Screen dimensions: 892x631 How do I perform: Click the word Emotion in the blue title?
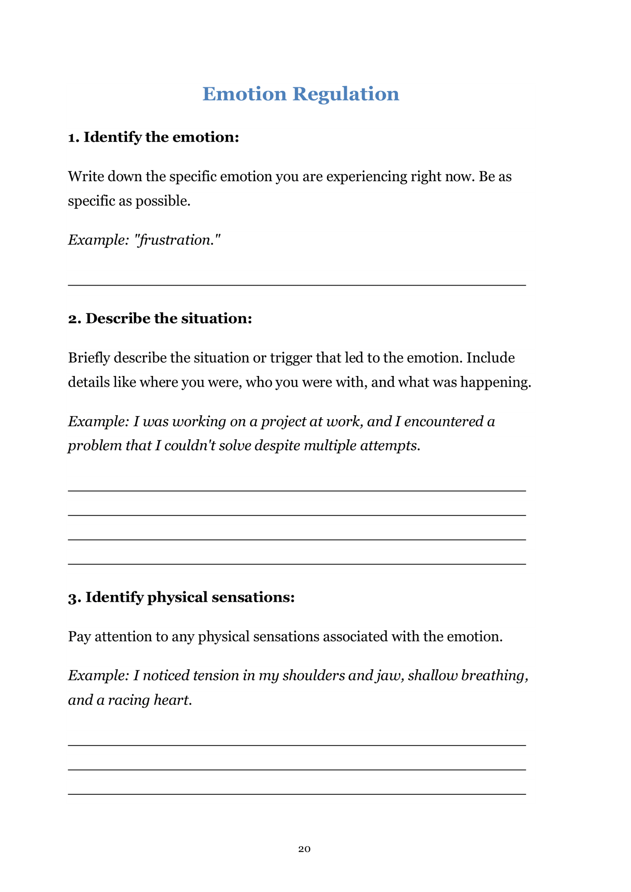tap(244, 94)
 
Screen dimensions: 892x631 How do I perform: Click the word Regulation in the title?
tap(345, 94)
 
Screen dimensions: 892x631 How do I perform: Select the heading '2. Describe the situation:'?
tap(160, 319)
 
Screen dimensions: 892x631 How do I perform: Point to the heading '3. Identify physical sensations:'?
tap(181, 597)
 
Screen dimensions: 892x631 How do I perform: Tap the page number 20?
tap(304, 849)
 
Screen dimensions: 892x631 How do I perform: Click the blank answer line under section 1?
tap(297, 285)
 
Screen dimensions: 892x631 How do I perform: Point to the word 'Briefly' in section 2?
tap(89, 358)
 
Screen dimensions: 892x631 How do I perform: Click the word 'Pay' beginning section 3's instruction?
tap(80, 637)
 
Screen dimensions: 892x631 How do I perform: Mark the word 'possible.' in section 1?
tap(163, 201)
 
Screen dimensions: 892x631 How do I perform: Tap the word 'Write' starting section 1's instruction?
tap(86, 177)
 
